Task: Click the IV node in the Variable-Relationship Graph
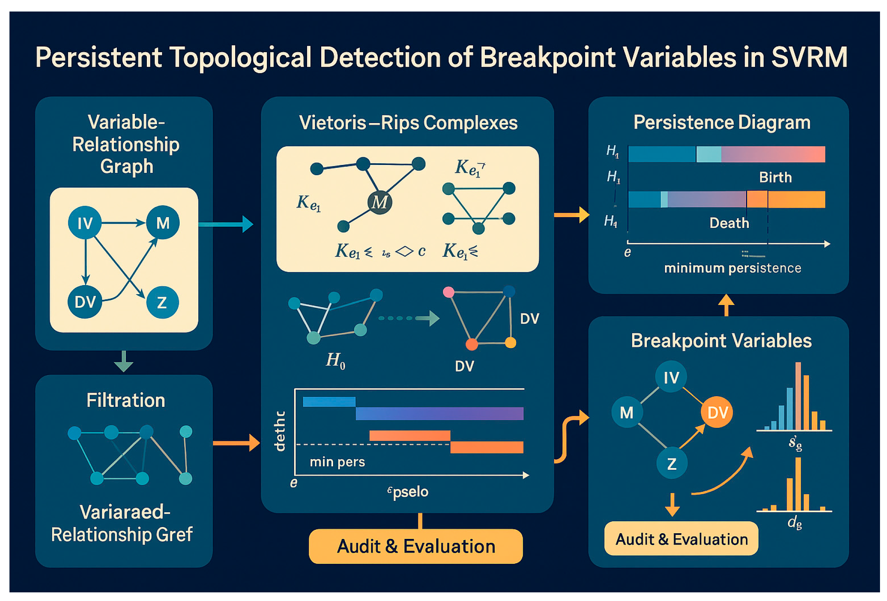85,223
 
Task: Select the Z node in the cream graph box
162,303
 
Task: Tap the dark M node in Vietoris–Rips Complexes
379,202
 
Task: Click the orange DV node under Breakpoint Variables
717,412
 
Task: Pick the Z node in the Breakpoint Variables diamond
672,464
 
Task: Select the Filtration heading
125,400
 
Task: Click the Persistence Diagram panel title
722,122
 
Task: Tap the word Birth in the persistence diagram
775,177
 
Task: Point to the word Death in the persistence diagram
729,223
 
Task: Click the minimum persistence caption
732,268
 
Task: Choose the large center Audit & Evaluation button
416,546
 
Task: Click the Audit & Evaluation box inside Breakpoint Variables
681,539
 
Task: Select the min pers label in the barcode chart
337,462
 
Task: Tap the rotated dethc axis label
280,431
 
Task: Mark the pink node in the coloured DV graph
448,292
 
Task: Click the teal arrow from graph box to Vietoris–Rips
226,224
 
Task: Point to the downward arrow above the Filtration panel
123,362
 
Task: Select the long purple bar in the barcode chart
439,413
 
